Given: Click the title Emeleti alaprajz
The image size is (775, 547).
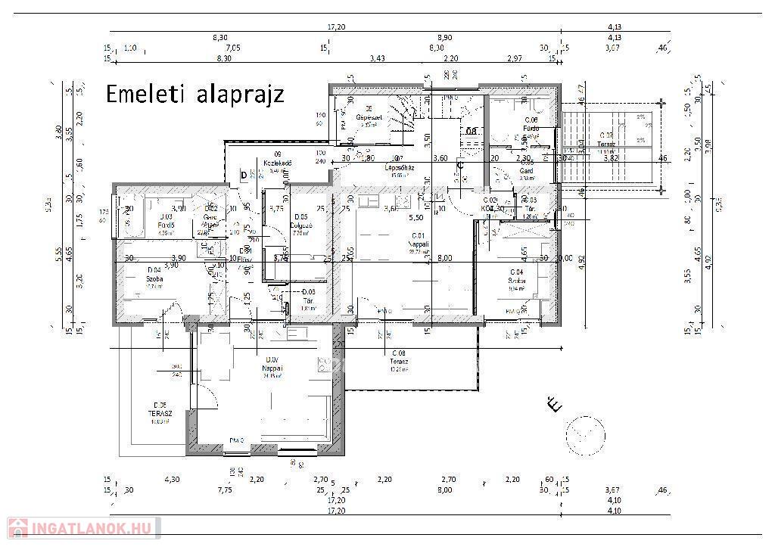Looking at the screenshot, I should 195,95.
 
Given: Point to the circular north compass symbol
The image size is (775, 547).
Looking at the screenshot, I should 585,434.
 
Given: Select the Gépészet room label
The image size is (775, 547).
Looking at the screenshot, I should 369,117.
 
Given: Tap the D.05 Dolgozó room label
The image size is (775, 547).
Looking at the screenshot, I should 300,225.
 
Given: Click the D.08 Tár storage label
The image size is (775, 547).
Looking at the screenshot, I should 308,299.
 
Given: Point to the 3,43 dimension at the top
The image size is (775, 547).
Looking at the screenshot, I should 377,58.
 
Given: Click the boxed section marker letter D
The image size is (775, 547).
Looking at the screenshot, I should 243,176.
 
